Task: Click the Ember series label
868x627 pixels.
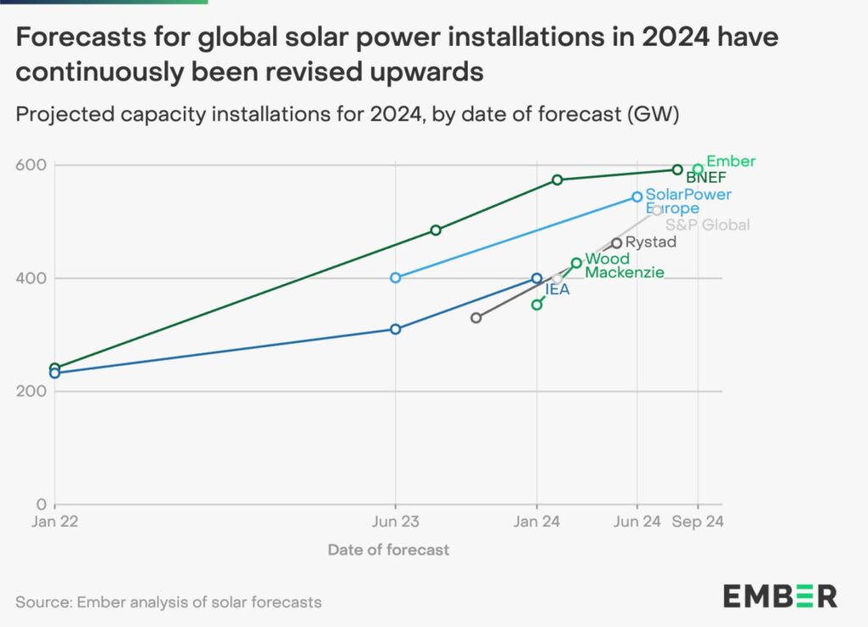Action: (x=731, y=161)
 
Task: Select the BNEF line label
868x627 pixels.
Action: (x=705, y=178)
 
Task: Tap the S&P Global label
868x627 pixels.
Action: (x=708, y=225)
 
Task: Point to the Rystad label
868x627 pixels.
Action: (x=651, y=243)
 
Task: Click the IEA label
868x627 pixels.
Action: (x=557, y=290)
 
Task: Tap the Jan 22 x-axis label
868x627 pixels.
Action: (x=55, y=522)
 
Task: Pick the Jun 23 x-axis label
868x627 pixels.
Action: (x=396, y=522)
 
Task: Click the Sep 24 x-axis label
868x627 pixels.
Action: (x=698, y=522)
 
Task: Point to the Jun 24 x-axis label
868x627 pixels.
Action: (x=637, y=522)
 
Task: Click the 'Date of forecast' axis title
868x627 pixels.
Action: (x=388, y=550)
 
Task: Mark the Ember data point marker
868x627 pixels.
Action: (x=698, y=169)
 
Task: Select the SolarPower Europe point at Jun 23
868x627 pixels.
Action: (x=396, y=278)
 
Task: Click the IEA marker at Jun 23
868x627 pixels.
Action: (x=396, y=329)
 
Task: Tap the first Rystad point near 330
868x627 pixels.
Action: (x=476, y=318)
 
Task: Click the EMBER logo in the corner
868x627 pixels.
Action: (x=780, y=596)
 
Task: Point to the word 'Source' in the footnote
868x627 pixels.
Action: (x=42, y=602)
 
